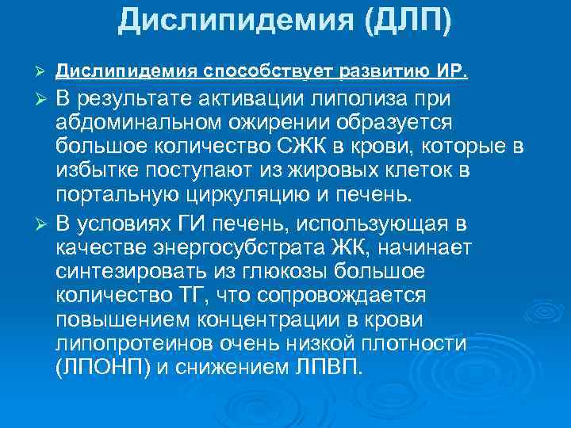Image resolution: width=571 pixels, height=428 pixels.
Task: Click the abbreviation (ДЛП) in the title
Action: [408, 20]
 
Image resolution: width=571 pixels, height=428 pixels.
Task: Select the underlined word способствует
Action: [269, 73]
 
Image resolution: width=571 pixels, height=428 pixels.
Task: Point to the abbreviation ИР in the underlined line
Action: [453, 73]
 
